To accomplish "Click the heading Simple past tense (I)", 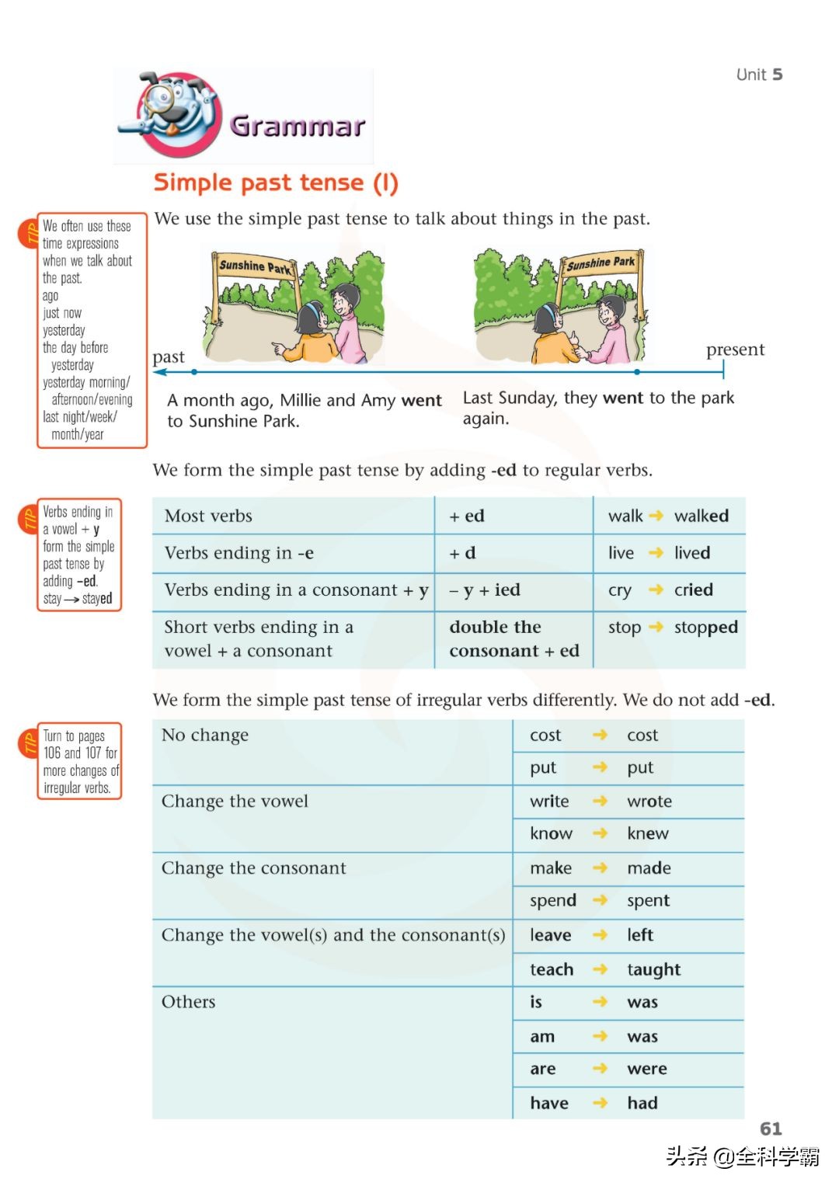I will [276, 183].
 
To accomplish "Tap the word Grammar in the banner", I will [298, 126].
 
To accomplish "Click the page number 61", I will [771, 1128].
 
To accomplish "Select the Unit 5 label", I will [759, 75].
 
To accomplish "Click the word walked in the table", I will [701, 516].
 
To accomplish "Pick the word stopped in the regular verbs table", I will [705, 627].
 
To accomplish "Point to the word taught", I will [653, 969].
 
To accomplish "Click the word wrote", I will [649, 801].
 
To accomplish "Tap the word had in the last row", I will [642, 1103].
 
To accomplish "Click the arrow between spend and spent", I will [600, 900].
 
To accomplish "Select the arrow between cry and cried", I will [656, 590].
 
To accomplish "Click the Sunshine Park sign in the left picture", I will [255, 266].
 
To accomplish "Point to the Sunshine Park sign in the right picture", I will [601, 263].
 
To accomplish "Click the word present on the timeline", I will [735, 350].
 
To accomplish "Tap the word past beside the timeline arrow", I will [169, 357].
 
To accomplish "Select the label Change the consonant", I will [254, 868].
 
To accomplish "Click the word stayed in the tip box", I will [97, 598].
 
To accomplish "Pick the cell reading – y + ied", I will [485, 590].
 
